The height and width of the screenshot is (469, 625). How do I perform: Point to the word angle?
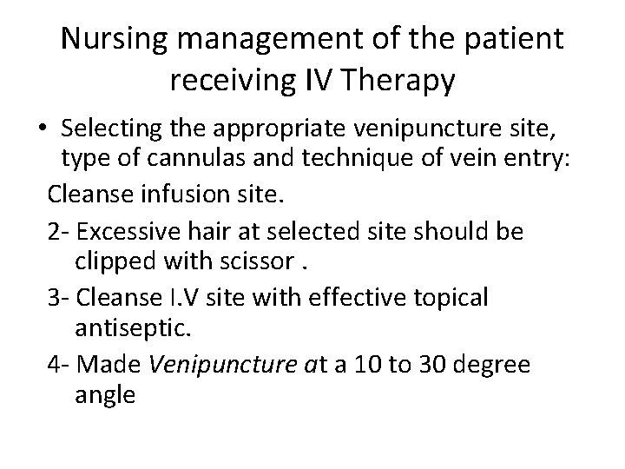click(x=105, y=395)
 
